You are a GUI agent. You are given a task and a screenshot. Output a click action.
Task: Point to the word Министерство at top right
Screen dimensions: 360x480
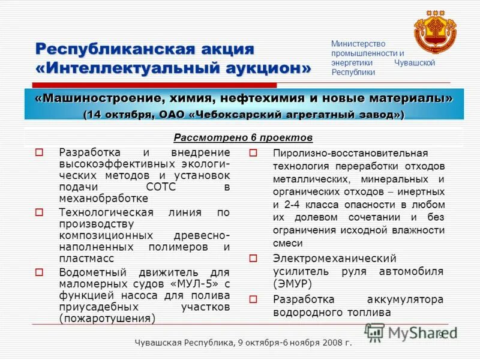(x=358, y=44)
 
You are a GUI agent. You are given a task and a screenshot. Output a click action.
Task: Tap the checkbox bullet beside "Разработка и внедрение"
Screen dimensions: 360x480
(x=40, y=152)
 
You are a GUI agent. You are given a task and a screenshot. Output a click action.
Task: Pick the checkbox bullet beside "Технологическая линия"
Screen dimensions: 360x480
(x=40, y=212)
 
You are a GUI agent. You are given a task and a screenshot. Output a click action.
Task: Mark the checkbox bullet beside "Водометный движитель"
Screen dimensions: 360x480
(x=40, y=272)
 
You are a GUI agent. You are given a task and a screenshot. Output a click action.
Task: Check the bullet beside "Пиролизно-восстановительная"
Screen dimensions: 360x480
(x=253, y=153)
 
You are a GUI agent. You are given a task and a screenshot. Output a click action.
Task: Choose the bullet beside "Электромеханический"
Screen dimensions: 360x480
(x=253, y=259)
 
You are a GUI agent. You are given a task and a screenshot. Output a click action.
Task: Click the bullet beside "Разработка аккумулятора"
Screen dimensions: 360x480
(x=253, y=299)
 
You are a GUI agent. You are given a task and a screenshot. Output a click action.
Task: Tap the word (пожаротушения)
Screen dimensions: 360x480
(x=107, y=319)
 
